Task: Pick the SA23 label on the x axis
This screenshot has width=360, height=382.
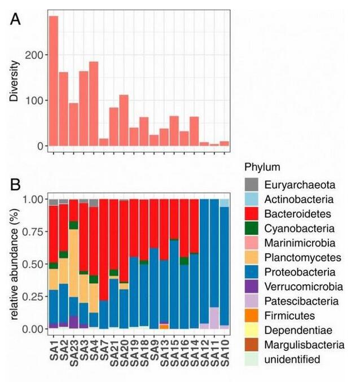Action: pyautogui.click(x=74, y=350)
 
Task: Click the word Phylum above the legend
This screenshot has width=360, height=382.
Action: pyautogui.click(x=262, y=168)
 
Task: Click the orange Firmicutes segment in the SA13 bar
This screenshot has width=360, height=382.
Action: pyautogui.click(x=164, y=326)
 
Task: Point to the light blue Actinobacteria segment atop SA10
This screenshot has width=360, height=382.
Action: pyautogui.click(x=225, y=203)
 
